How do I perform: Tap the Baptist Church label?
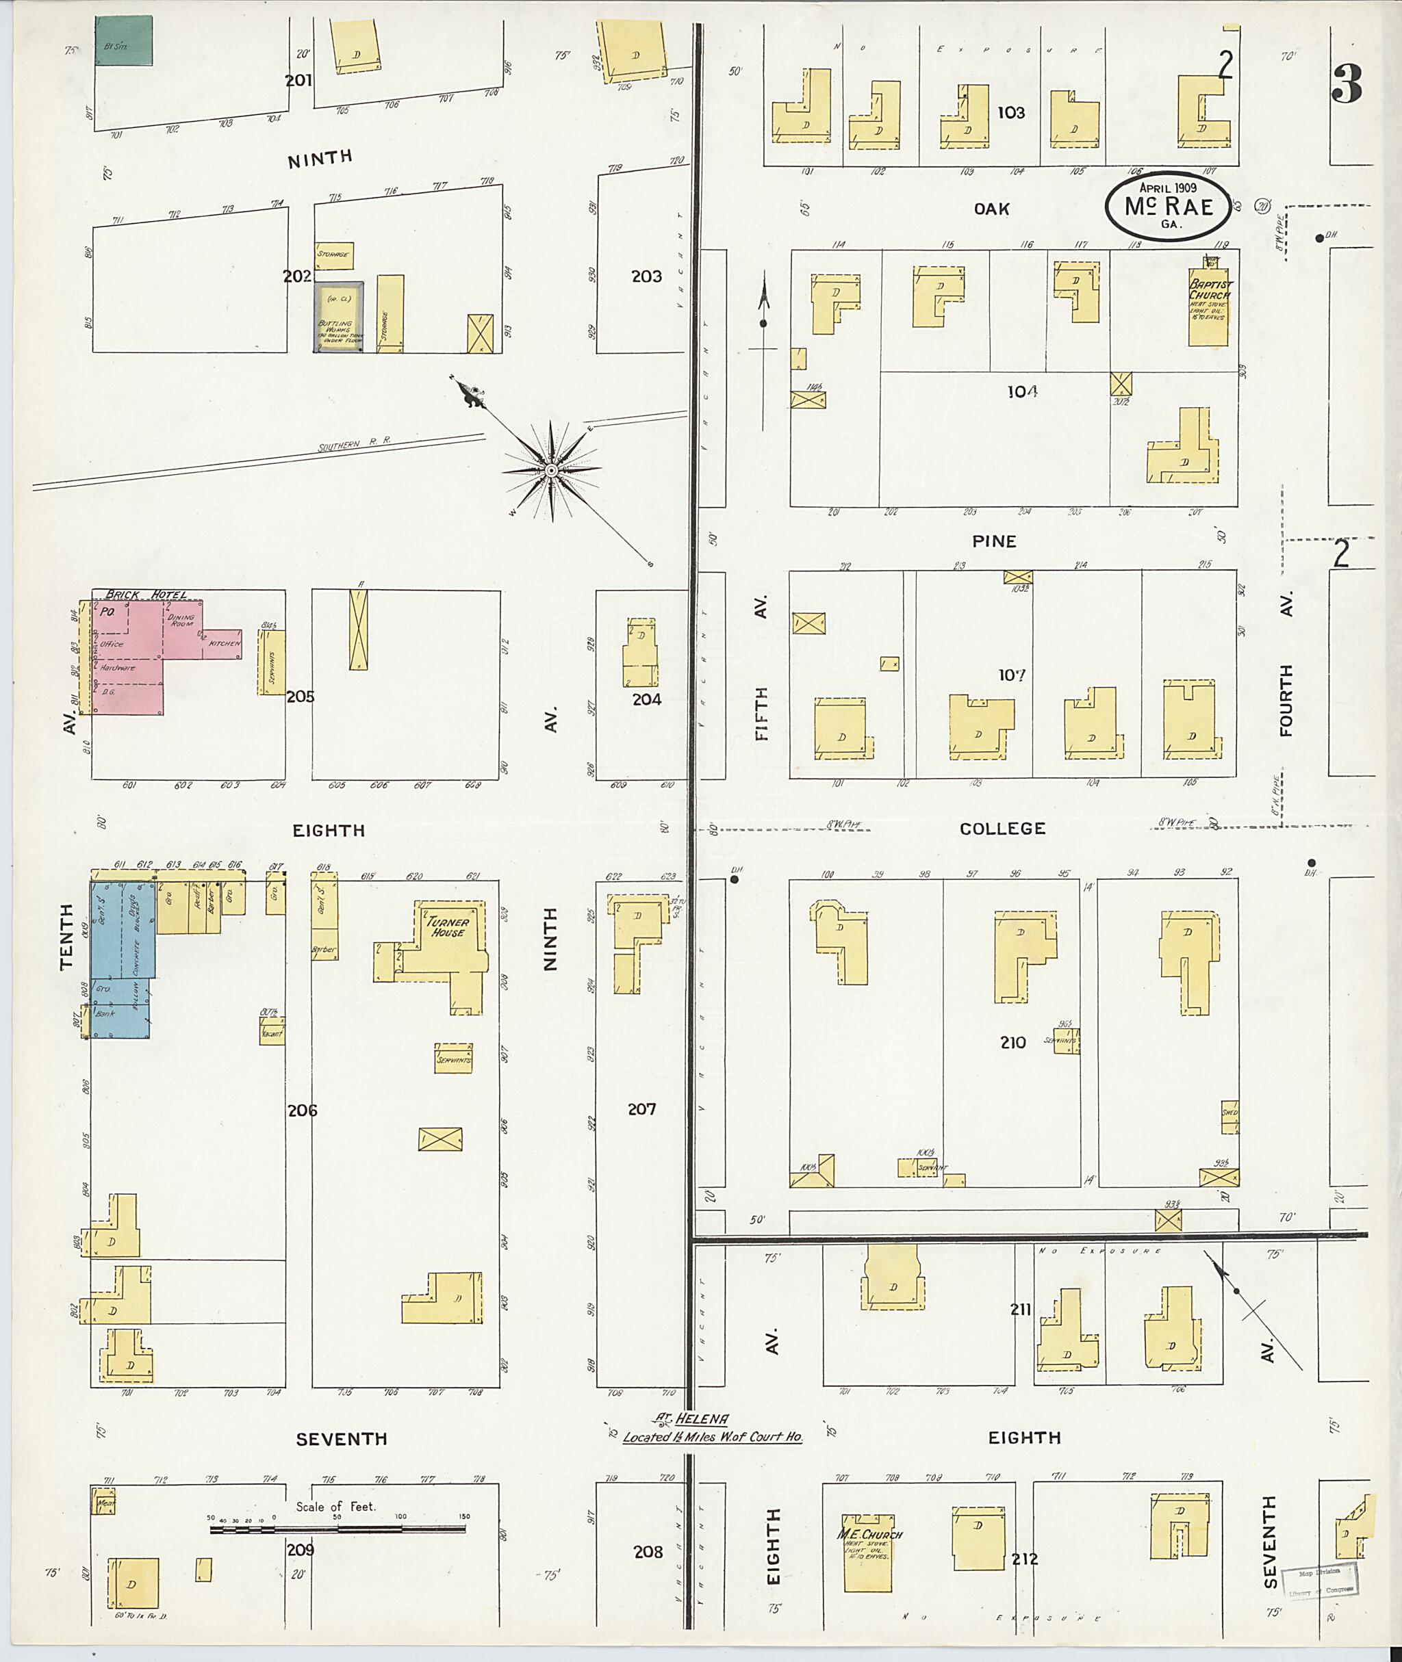pyautogui.click(x=1209, y=291)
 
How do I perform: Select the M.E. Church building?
pyautogui.click(x=868, y=1550)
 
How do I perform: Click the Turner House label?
pyautogui.click(x=448, y=928)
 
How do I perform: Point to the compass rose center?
pyautogui.click(x=551, y=471)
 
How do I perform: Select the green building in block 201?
pyautogui.click(x=124, y=41)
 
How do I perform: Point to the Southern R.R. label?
pyautogui.click(x=355, y=445)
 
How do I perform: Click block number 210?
pyautogui.click(x=1013, y=1042)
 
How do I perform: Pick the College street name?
pyautogui.click(x=1002, y=829)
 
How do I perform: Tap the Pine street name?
pyautogui.click(x=994, y=541)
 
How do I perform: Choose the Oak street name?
pyautogui.click(x=992, y=209)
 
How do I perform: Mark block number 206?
pyautogui.click(x=302, y=1110)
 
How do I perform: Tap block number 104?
pyautogui.click(x=1022, y=391)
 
